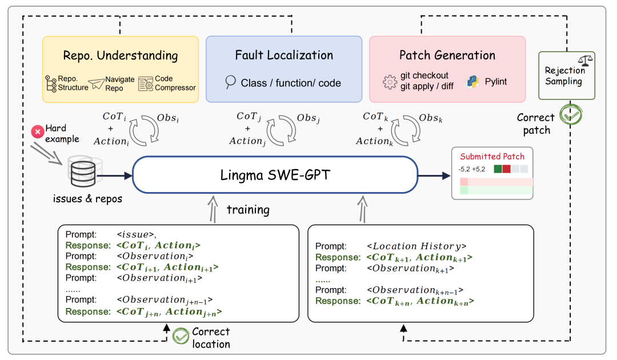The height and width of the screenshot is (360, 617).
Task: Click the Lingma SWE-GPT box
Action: (x=275, y=175)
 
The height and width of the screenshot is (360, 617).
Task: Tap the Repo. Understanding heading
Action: (x=121, y=56)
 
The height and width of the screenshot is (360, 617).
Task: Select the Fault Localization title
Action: (x=284, y=55)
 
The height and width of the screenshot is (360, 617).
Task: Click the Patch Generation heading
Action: (x=447, y=55)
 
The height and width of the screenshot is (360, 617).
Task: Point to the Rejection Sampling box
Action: (x=567, y=75)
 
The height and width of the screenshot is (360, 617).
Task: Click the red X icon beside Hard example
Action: (x=38, y=131)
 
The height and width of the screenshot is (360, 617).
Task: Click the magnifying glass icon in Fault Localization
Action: (x=230, y=82)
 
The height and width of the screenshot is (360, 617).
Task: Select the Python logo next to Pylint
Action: (x=472, y=82)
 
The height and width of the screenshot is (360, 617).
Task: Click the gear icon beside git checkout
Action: (x=390, y=82)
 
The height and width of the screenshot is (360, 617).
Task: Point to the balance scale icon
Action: (x=585, y=60)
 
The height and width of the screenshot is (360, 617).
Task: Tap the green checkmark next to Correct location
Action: (x=181, y=336)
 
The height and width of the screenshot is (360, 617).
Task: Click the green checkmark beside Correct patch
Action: (x=571, y=114)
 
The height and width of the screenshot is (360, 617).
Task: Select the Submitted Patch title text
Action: (x=492, y=157)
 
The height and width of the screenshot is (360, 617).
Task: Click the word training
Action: (x=248, y=210)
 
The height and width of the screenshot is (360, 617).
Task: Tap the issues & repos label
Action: (x=87, y=199)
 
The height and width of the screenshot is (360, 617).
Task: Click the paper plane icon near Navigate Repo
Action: (x=97, y=83)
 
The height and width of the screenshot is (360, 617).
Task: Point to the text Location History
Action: (x=416, y=246)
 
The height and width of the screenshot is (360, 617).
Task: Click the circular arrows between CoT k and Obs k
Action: (x=406, y=130)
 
